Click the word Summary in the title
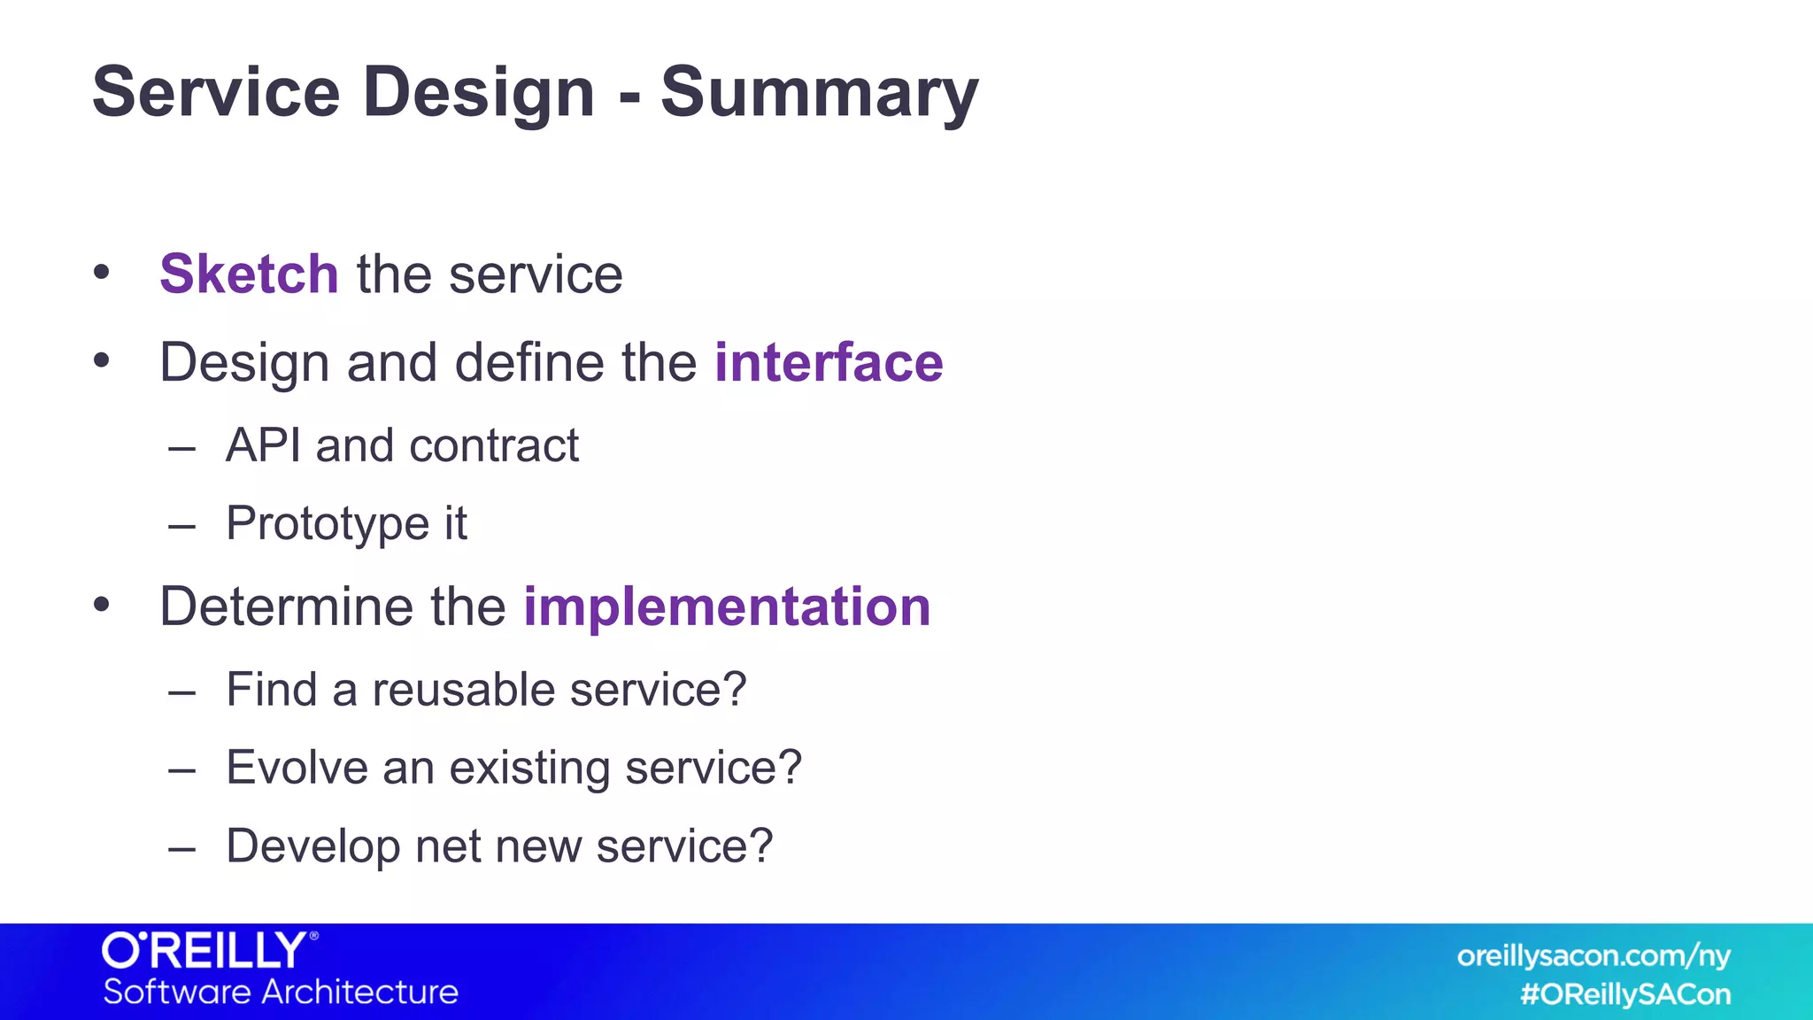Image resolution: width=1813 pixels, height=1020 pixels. (x=819, y=92)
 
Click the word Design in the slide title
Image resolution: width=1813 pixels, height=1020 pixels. (x=478, y=92)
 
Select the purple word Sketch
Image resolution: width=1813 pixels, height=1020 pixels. (x=249, y=274)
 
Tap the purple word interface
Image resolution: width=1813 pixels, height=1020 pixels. (x=829, y=362)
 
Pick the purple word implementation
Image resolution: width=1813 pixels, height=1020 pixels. (x=727, y=607)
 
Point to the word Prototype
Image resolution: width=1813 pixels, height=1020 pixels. (x=328, y=523)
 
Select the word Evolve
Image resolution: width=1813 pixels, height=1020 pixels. (x=297, y=767)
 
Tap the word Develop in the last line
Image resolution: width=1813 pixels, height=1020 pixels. (x=313, y=846)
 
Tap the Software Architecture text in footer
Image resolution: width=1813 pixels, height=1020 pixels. (x=281, y=992)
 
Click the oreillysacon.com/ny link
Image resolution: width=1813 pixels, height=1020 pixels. (x=1593, y=956)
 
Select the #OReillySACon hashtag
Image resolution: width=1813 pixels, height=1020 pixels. (x=1624, y=994)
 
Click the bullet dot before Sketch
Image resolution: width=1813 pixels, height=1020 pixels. (x=102, y=273)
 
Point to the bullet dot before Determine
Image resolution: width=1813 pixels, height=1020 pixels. (x=102, y=606)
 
